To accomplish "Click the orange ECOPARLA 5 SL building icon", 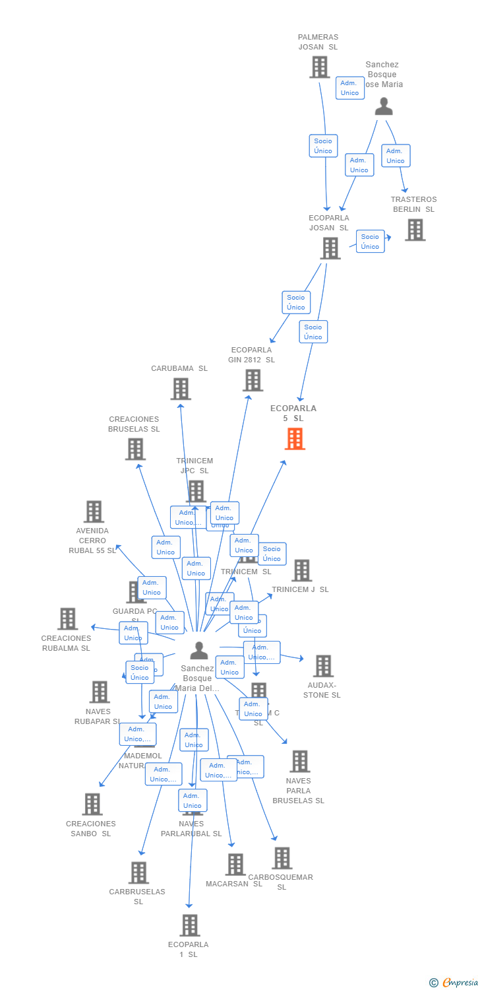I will tap(295, 439).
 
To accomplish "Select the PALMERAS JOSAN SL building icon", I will tap(320, 67).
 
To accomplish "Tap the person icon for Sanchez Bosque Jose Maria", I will tap(384, 106).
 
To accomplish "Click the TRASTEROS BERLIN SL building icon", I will tap(415, 230).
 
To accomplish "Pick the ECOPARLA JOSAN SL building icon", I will tap(330, 248).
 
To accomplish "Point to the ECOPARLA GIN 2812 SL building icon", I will tap(253, 380).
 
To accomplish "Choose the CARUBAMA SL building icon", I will tap(181, 389).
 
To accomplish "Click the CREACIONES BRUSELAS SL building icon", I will tap(135, 449).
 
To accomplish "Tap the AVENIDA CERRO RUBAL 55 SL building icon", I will tap(94, 511).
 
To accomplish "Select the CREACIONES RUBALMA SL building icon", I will tap(67, 619).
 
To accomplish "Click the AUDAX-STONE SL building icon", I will tap(323, 666).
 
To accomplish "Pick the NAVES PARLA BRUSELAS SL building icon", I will tap(299, 762).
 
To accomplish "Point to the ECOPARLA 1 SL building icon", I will tap(189, 925).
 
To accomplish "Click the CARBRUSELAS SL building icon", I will tap(138, 873).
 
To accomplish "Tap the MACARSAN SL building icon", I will tap(235, 864).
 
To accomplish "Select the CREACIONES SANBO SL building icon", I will tap(92, 804).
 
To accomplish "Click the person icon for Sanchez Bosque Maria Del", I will tap(198, 651).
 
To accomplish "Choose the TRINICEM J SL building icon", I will tap(301, 570).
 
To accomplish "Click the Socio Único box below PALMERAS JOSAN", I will tap(323, 146).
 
